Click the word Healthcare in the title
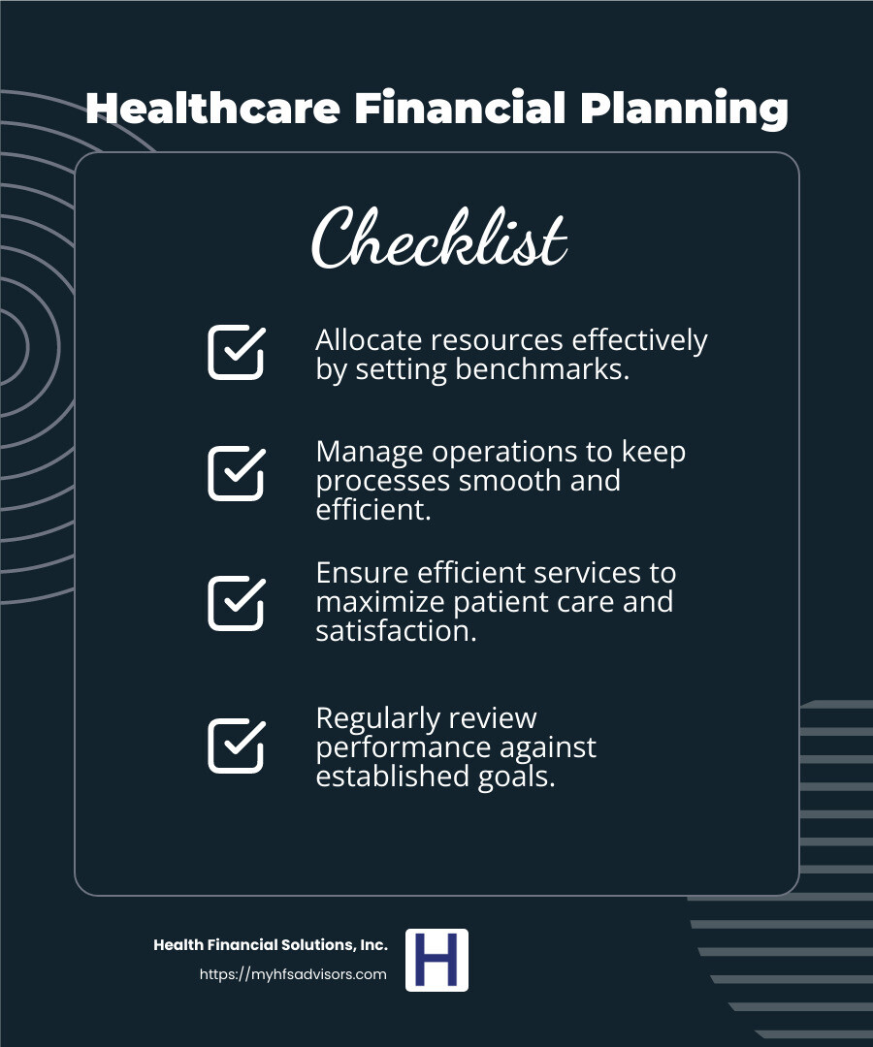point(212,109)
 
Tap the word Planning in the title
point(684,109)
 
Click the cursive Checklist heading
point(439,238)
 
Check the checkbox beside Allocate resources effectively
point(236,352)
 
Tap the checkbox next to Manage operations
point(236,473)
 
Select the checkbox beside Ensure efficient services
point(236,602)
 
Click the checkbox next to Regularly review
point(236,746)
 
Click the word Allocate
point(371,340)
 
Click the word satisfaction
point(396,631)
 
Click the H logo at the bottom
point(436,960)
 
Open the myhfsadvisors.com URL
point(293,974)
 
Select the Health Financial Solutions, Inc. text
point(271,945)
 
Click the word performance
point(403,747)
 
